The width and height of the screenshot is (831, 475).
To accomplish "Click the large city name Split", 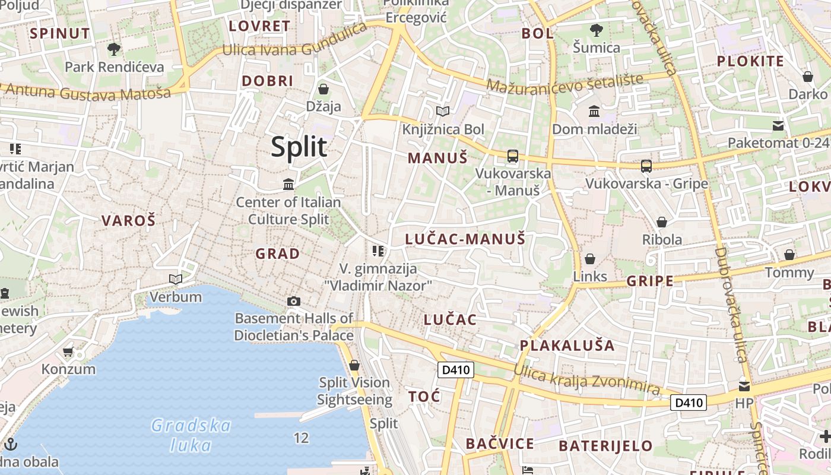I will [x=299, y=147].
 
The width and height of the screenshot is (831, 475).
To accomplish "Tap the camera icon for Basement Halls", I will [x=294, y=302].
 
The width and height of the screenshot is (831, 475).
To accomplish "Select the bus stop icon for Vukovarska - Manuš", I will [x=513, y=156].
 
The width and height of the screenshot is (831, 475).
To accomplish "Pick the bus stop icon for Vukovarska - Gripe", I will [x=646, y=166].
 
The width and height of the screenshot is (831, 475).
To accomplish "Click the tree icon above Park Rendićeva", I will [x=114, y=49].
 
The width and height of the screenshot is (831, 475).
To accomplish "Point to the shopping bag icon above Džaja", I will [x=323, y=89].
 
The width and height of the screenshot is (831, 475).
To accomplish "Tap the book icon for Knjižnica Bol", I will [x=443, y=111].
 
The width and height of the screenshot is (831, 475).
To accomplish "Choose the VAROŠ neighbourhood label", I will [x=128, y=221].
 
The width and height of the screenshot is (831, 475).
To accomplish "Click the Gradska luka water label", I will [x=191, y=435].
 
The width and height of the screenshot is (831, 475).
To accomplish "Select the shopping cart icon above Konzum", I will [x=68, y=352].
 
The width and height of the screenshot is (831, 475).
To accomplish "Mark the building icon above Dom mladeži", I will [x=594, y=111].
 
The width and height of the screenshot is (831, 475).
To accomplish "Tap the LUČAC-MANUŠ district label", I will [x=465, y=239].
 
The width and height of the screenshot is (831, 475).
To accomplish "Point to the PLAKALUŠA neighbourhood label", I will [x=567, y=346].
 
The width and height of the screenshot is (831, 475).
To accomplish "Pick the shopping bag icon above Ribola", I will [x=662, y=222].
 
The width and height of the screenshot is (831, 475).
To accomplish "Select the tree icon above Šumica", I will [x=597, y=30].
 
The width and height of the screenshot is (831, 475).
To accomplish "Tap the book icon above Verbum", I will [x=176, y=279].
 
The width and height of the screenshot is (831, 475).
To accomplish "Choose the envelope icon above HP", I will [x=744, y=387].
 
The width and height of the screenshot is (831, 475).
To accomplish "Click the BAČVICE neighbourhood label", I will [x=500, y=444].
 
